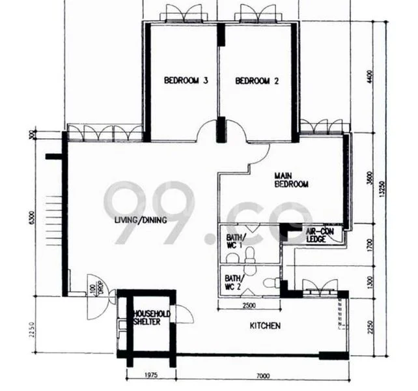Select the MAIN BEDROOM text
coord(290,180)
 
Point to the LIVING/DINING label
coord(141,220)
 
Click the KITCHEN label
coord(266,325)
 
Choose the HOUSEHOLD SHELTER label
coord(152,318)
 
